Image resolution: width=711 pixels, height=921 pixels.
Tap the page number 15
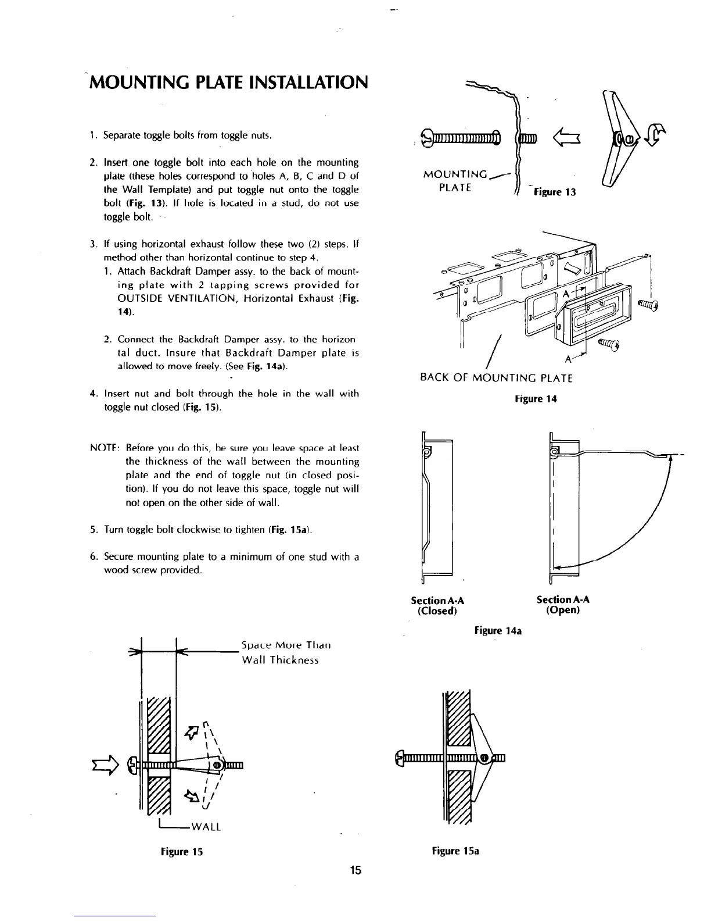click(355, 870)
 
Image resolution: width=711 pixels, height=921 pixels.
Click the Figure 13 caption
click(555, 192)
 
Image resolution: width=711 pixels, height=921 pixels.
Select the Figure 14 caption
click(536, 399)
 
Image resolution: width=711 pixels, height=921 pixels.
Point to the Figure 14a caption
click(498, 630)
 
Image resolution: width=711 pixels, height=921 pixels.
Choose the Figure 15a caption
click(455, 851)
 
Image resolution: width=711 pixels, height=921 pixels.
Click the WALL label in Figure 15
click(206, 827)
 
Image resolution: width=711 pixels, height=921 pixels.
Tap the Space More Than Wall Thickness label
click(286, 652)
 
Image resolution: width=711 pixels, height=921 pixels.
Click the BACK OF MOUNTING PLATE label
click(496, 379)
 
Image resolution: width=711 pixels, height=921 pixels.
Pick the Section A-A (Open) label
click(563, 605)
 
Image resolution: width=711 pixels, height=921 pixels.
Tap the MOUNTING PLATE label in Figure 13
click(456, 181)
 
